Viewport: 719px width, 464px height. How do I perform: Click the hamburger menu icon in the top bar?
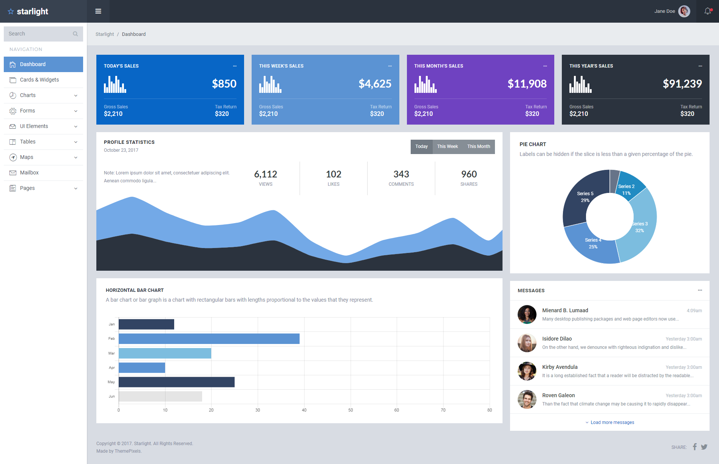click(98, 11)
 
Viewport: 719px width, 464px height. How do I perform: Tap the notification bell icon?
click(708, 11)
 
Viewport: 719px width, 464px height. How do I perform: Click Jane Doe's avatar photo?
click(684, 11)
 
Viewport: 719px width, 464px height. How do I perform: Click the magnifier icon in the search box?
click(75, 34)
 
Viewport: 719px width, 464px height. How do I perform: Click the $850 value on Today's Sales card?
click(224, 83)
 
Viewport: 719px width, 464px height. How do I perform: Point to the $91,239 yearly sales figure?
click(682, 83)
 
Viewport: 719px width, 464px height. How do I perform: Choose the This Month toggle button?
click(479, 146)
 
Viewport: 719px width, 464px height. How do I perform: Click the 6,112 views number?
click(266, 174)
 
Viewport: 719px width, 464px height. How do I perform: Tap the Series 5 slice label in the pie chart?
click(585, 197)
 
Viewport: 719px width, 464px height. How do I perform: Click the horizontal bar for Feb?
click(209, 339)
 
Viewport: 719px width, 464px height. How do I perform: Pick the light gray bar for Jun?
click(160, 396)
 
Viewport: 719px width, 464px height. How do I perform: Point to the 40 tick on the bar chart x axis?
click(304, 410)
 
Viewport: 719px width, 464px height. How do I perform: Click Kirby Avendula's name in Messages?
click(560, 367)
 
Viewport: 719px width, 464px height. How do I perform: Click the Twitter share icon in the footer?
click(704, 447)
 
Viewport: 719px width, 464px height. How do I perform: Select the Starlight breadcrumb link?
click(105, 34)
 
